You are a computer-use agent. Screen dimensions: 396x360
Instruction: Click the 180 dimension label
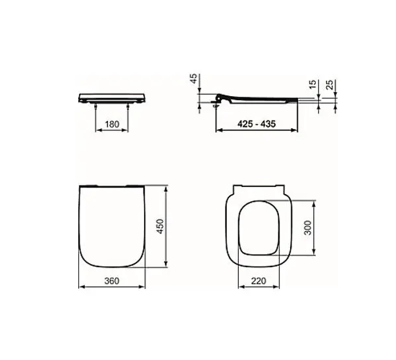pyautogui.click(x=112, y=124)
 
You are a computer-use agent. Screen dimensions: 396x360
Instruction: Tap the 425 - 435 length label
pyautogui.click(x=257, y=124)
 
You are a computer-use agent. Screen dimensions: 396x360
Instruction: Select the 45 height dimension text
pyautogui.click(x=193, y=79)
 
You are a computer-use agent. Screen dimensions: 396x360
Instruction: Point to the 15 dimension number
pyautogui.click(x=313, y=84)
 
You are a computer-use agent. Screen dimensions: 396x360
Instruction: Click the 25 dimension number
pyautogui.click(x=330, y=84)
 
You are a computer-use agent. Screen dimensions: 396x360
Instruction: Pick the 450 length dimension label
pyautogui.click(x=160, y=226)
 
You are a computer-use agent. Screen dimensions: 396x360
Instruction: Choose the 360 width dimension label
pyautogui.click(x=112, y=280)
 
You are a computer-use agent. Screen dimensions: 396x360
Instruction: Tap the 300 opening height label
pyautogui.click(x=308, y=228)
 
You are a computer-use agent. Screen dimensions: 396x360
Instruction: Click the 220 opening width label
pyautogui.click(x=259, y=280)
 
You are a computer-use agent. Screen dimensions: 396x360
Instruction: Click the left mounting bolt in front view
pyautogui.click(x=95, y=106)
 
